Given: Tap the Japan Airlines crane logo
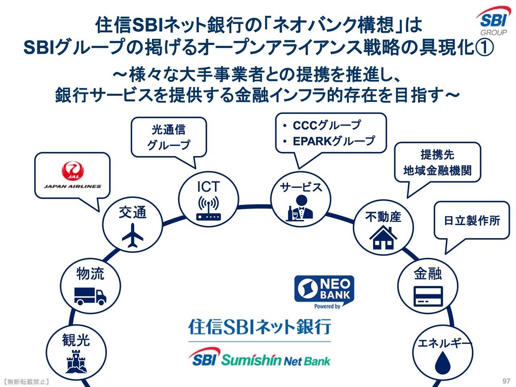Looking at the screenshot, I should [x=73, y=171].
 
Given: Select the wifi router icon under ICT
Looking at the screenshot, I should [x=209, y=208].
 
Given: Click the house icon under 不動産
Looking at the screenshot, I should [x=383, y=237].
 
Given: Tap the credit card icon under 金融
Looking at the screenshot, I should [x=428, y=296].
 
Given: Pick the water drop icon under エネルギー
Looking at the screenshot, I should [x=442, y=362].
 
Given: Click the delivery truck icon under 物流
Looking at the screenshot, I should [x=90, y=296].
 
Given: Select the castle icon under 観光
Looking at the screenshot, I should [x=76, y=361].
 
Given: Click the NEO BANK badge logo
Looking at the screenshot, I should [x=324, y=291].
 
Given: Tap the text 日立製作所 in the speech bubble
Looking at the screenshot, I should [x=472, y=221].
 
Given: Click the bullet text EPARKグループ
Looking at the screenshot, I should [x=334, y=141].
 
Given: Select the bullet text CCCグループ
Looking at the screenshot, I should [x=327, y=125].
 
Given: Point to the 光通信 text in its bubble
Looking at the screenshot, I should [x=169, y=130].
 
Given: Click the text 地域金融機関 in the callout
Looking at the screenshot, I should [x=437, y=170].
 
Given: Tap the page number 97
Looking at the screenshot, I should [x=506, y=381].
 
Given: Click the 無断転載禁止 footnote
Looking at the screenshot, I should [x=26, y=381].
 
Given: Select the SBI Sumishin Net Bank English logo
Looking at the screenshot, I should [x=259, y=358].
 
